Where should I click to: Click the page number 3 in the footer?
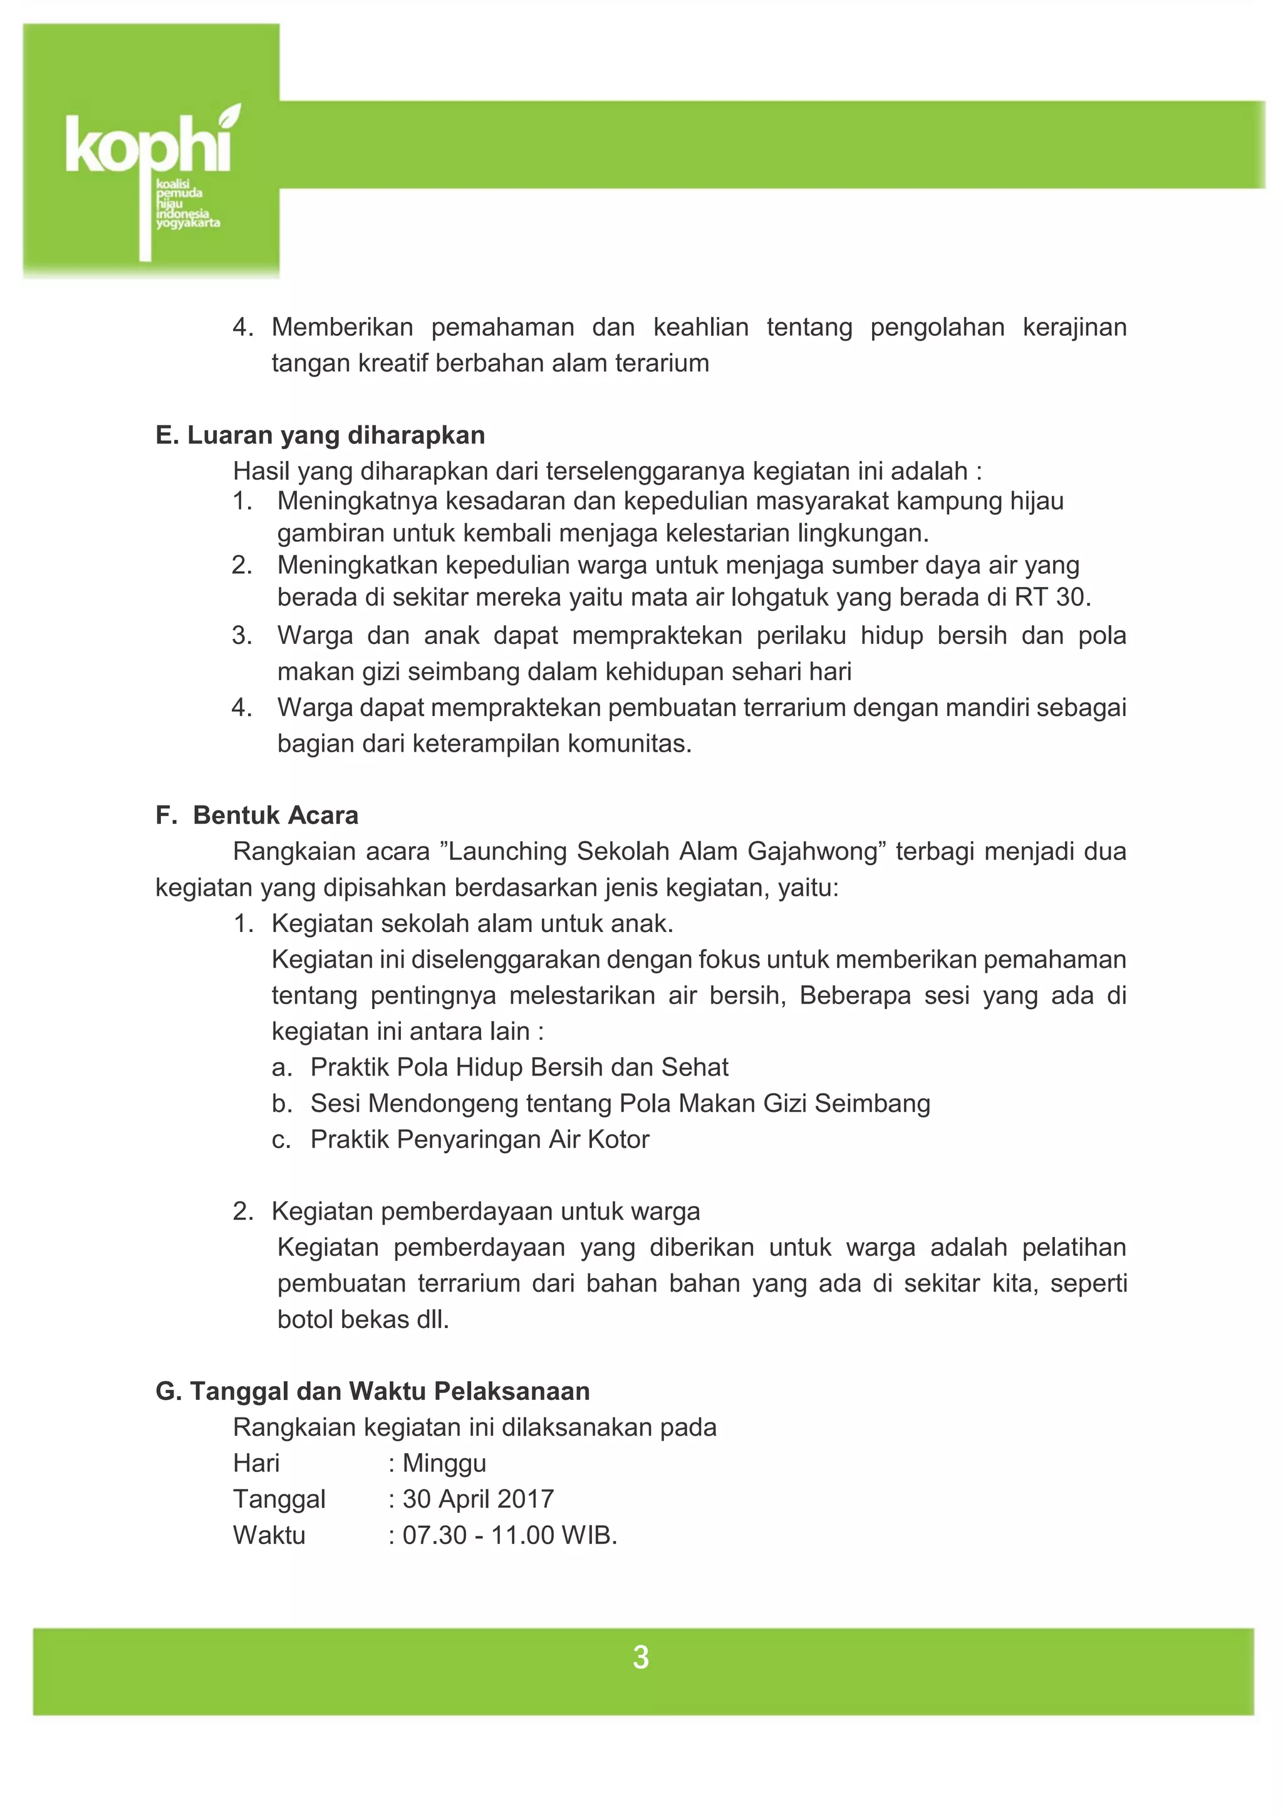tap(641, 1657)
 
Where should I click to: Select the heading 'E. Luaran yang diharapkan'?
tap(320, 435)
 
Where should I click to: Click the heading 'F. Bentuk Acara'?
tap(257, 816)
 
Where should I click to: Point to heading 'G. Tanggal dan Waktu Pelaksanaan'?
tap(372, 1391)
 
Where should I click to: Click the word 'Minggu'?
tap(444, 1463)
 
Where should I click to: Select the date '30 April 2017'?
tap(478, 1499)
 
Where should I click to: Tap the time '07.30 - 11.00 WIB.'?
tap(509, 1535)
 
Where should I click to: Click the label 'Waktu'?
tap(269, 1535)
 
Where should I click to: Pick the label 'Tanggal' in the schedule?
tap(279, 1499)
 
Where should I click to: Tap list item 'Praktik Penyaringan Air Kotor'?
tap(479, 1139)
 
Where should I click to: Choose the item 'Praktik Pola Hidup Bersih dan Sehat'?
tap(519, 1067)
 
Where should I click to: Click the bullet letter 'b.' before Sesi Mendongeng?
tap(282, 1104)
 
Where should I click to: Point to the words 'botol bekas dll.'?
tap(363, 1319)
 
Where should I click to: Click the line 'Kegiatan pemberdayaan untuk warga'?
tap(485, 1211)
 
